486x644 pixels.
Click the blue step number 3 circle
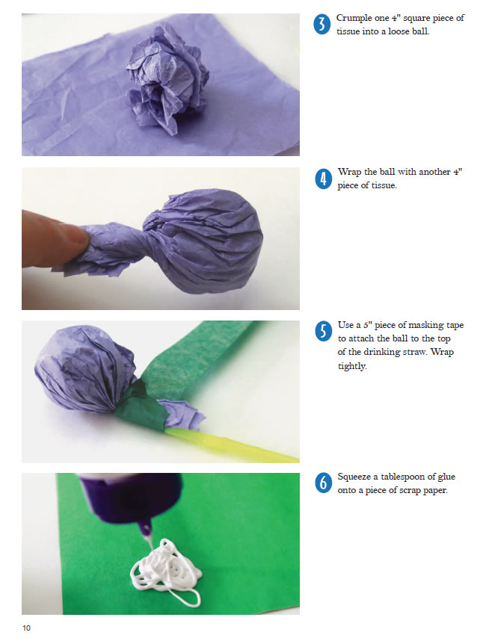(x=322, y=24)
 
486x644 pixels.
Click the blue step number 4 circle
(x=323, y=179)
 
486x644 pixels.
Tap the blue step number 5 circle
(x=323, y=332)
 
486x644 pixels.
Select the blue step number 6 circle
(x=323, y=483)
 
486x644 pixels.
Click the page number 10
(x=26, y=628)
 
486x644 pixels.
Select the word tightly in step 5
(x=352, y=366)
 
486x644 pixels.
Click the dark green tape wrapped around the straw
(x=140, y=412)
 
